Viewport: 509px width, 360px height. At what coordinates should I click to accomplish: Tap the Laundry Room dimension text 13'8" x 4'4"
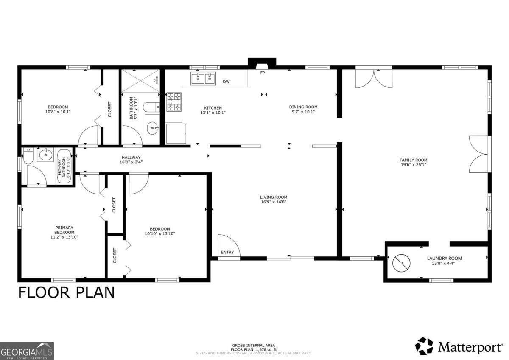[x=445, y=263]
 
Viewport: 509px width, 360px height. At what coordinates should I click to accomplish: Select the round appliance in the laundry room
[x=401, y=263]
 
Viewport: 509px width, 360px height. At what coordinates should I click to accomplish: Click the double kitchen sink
[x=203, y=79]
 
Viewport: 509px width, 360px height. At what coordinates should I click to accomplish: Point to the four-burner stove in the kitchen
[x=174, y=102]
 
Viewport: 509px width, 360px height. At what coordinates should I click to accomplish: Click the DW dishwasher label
[x=227, y=82]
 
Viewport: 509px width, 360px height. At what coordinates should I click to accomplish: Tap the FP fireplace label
[x=263, y=73]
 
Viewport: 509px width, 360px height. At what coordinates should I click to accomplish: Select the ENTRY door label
[x=227, y=253]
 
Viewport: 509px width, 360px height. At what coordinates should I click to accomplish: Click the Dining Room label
[x=303, y=107]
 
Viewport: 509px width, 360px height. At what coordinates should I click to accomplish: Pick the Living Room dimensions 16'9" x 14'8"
[x=274, y=202]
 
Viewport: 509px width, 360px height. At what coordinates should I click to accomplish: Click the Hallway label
[x=131, y=157]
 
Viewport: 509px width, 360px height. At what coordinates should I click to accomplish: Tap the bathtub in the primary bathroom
[x=64, y=166]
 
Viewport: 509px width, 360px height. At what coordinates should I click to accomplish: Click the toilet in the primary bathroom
[x=28, y=156]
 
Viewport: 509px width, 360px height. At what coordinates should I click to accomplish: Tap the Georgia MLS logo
[x=27, y=351]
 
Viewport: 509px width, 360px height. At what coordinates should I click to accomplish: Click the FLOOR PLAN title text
[x=66, y=292]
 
